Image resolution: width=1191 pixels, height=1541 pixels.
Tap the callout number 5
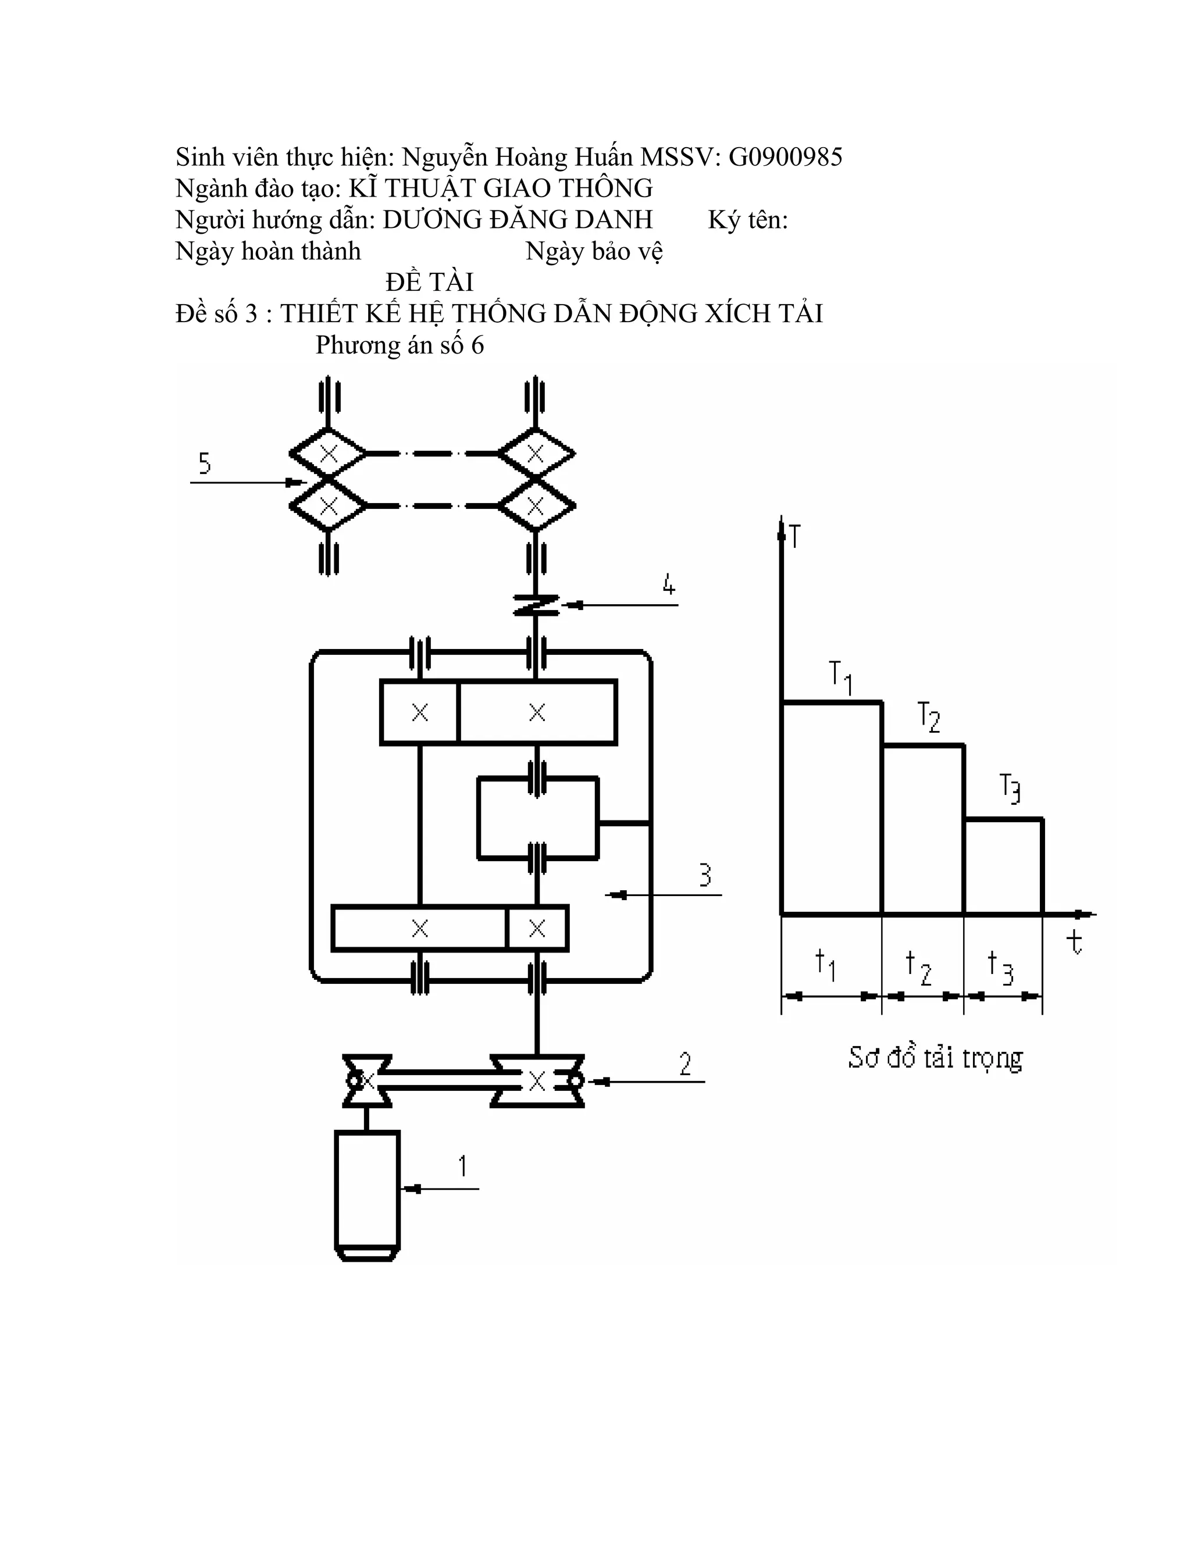pyautogui.click(x=205, y=463)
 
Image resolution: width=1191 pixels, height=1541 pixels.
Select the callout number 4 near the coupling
pyautogui.click(x=669, y=585)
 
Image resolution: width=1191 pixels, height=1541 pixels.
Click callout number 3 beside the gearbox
pyautogui.click(x=705, y=875)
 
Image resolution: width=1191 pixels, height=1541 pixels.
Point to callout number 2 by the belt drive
pyautogui.click(x=685, y=1064)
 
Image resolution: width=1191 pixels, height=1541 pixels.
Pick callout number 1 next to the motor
pyautogui.click(x=463, y=1165)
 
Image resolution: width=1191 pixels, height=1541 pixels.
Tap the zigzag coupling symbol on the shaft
pyautogui.click(x=536, y=605)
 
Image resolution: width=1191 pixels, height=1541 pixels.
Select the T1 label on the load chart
pyautogui.click(x=840, y=677)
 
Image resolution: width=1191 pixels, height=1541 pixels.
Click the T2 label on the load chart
pyautogui.click(x=929, y=717)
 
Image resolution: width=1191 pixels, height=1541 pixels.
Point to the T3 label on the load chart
pyautogui.click(x=1010, y=789)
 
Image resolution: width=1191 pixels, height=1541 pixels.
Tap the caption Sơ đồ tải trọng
pyautogui.click(x=935, y=1058)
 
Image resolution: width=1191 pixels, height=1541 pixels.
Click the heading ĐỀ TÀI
pyautogui.click(x=429, y=281)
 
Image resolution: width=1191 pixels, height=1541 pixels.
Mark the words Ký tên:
pyautogui.click(x=748, y=220)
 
